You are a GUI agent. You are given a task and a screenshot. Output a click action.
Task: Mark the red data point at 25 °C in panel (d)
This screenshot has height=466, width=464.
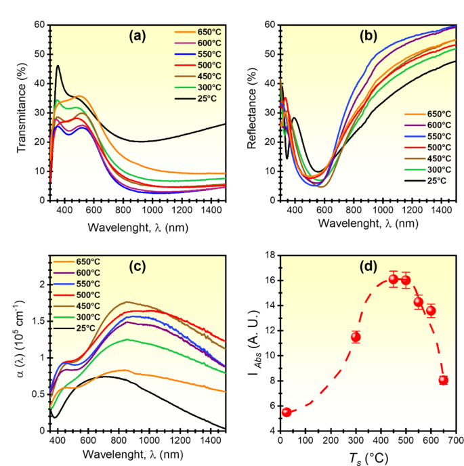(x=287, y=412)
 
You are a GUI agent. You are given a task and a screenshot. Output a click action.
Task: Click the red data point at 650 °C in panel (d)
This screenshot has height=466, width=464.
(x=444, y=380)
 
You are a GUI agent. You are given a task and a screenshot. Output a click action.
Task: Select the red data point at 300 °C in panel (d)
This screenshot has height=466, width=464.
(x=356, y=337)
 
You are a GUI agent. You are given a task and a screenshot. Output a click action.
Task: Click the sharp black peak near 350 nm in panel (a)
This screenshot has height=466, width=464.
(x=58, y=66)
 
